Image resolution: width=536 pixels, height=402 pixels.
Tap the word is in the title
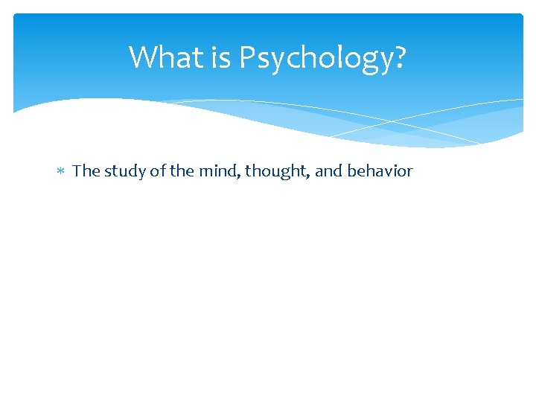point(222,57)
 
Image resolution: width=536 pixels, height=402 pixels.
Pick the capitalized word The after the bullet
point(86,171)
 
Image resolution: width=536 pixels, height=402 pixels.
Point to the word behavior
point(380,171)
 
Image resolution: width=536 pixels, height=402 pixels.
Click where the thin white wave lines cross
point(392,121)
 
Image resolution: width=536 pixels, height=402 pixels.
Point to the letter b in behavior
point(351,171)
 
